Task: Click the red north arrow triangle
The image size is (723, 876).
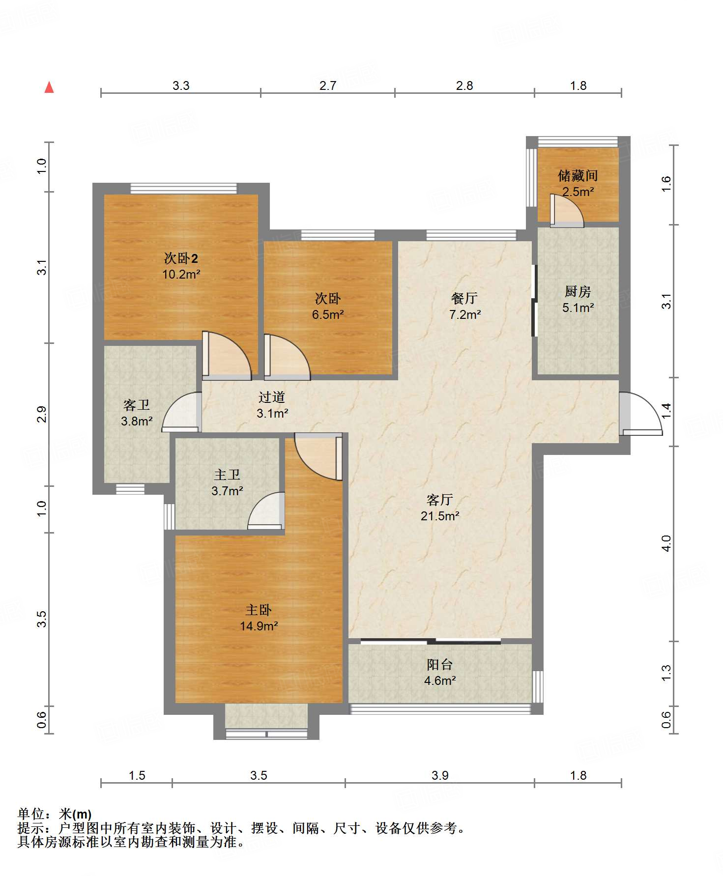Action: tap(49, 87)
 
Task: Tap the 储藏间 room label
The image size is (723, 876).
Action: tap(578, 175)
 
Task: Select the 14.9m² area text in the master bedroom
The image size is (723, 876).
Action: tap(259, 626)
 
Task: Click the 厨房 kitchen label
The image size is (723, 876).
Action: tap(578, 291)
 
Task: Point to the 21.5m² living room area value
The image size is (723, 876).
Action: tap(440, 516)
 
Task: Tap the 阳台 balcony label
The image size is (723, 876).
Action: tap(439, 665)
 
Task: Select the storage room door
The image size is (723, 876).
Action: tap(566, 211)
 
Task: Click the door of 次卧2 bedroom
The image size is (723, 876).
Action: tap(227, 356)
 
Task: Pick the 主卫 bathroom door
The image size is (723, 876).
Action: tap(266, 510)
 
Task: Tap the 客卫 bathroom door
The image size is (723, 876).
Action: tap(181, 412)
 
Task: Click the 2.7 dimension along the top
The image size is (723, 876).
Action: tap(328, 86)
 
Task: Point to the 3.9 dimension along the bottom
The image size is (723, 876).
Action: tap(440, 775)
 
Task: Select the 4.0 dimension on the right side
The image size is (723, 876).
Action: tap(666, 543)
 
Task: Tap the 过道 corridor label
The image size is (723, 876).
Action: tap(272, 397)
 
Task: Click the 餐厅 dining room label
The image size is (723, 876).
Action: tap(464, 298)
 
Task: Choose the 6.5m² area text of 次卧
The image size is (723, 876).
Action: tap(328, 314)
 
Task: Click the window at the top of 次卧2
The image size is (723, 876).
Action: tap(183, 189)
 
